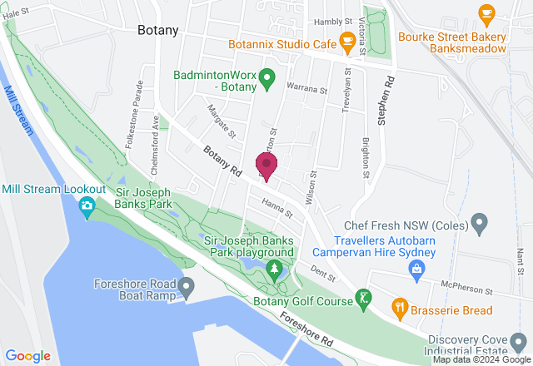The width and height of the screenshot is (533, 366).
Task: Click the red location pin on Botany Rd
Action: point(267,165)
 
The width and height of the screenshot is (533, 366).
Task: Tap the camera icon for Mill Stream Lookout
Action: point(87,206)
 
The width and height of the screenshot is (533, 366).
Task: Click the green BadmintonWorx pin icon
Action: point(266,81)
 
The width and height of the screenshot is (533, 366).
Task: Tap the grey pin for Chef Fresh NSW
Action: point(479,222)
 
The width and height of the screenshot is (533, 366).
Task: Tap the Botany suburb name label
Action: point(158,30)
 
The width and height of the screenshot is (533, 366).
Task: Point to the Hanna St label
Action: point(275,208)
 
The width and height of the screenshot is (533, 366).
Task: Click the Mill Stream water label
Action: point(17,111)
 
